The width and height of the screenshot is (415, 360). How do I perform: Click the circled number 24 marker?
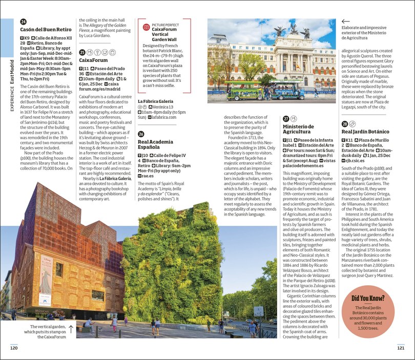click(24, 22)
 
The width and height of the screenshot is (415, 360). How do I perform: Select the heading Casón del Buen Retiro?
click(46, 30)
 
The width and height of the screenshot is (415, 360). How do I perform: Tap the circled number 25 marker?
click(82, 52)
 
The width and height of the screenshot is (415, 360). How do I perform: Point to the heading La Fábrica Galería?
click(155, 101)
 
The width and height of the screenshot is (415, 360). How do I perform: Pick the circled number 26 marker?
click(141, 134)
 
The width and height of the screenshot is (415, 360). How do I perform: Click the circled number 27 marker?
click(286, 119)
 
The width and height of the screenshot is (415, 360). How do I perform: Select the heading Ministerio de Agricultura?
click(298, 129)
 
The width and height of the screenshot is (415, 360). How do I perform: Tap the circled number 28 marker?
click(345, 124)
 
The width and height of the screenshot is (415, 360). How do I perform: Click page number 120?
click(14, 348)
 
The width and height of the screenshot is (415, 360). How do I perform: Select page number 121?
click(401, 348)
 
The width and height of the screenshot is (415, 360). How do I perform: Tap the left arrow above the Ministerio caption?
click(345, 22)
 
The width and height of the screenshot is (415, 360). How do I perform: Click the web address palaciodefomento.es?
click(306, 166)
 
